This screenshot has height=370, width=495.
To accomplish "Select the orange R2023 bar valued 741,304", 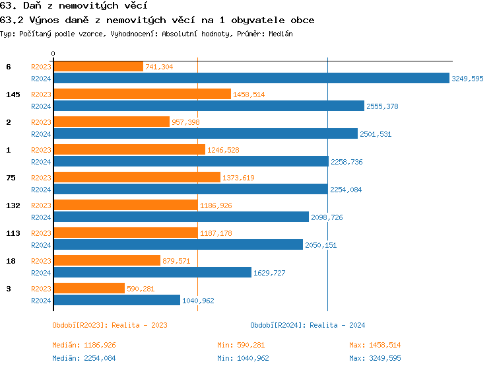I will [x=98, y=67].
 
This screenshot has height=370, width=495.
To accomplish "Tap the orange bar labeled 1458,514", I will [x=142, y=94].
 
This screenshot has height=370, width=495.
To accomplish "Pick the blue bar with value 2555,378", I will [x=209, y=106].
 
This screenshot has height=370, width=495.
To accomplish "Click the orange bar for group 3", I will [x=88, y=289].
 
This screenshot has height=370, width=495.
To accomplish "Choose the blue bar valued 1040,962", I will [x=116, y=300].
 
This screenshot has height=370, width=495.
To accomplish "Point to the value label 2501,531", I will [x=376, y=133].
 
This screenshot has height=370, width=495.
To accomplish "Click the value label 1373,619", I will [x=238, y=178].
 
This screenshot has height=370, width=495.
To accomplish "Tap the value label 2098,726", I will [x=327, y=217].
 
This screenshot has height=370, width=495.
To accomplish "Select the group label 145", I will [x=13, y=94].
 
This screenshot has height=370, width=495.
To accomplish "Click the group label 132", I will [x=13, y=205].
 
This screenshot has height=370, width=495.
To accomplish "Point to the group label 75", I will [x=11, y=178].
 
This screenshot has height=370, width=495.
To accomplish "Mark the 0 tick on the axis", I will [x=53, y=54].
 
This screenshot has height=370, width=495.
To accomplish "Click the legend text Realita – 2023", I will [x=139, y=325].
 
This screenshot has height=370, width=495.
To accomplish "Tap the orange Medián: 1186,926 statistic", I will [x=84, y=345].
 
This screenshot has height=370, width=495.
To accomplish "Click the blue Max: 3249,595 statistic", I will [x=375, y=358].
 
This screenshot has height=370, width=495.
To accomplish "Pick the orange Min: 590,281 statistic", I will [x=241, y=345].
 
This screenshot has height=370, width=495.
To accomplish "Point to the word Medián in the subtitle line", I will [x=280, y=33].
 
